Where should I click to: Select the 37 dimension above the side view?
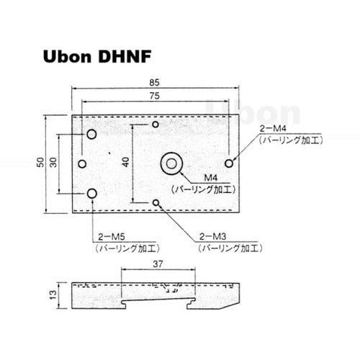(x=159, y=264)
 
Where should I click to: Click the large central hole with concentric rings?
(x=171, y=163)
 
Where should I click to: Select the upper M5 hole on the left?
(x=92, y=135)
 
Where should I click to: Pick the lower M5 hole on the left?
(x=92, y=193)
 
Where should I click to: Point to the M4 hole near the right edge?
(x=229, y=163)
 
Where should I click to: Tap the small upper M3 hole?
(x=156, y=125)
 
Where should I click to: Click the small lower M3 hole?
(x=156, y=203)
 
